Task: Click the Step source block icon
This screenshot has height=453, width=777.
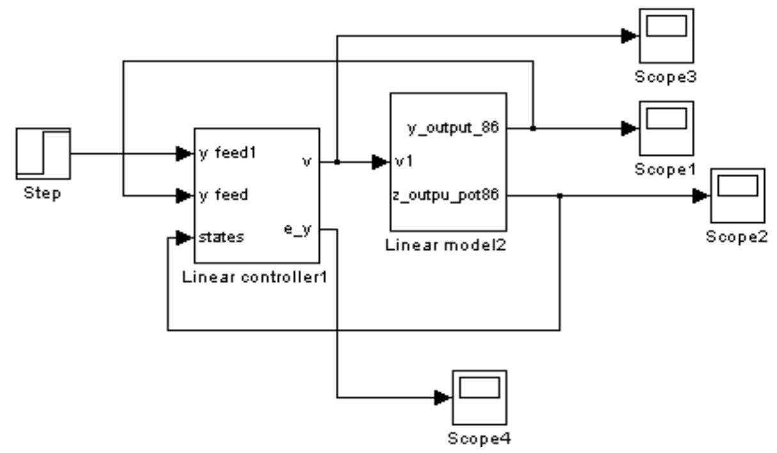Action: point(43,154)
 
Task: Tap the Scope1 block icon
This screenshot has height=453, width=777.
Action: point(666,128)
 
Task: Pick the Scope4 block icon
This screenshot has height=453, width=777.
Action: point(479,397)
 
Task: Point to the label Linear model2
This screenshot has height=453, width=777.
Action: point(446,245)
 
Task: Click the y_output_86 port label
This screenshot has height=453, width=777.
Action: point(453,129)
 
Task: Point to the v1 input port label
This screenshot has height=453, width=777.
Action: point(404,162)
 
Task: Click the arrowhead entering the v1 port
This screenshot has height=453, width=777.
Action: point(381,162)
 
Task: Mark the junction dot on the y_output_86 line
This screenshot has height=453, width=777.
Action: point(533,128)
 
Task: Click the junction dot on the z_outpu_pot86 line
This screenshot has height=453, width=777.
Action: point(560,196)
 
